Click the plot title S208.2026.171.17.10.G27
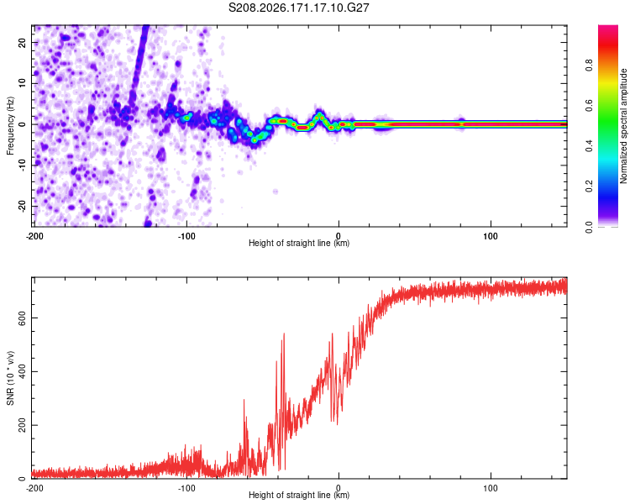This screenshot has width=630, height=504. (x=298, y=8)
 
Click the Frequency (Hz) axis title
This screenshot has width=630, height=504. (x=10, y=126)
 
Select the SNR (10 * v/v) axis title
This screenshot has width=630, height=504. (x=10, y=378)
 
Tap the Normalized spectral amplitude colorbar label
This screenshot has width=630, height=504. (x=623, y=126)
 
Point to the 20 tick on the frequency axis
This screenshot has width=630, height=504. (x=22, y=42)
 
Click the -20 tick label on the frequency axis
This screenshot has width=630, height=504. (x=22, y=206)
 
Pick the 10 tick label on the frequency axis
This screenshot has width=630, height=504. (x=22, y=83)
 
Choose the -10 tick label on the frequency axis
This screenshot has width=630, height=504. (x=22, y=165)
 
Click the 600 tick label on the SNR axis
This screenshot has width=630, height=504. (x=22, y=318)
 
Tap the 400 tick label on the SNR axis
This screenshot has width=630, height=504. (x=22, y=371)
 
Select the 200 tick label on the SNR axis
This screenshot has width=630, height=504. (x=22, y=425)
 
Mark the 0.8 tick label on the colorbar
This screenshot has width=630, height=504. (x=589, y=66)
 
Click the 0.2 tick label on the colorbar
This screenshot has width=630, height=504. (x=589, y=186)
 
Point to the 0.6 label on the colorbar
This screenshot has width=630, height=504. (x=589, y=106)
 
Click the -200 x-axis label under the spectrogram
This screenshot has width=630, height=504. (x=34, y=236)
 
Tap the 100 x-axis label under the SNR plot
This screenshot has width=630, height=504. (x=491, y=488)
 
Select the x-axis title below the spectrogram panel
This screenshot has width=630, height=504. (x=299, y=243)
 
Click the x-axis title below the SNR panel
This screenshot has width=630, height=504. (x=299, y=495)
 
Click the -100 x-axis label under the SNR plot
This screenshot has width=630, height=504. (x=186, y=488)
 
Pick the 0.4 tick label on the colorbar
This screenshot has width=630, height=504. (x=589, y=146)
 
